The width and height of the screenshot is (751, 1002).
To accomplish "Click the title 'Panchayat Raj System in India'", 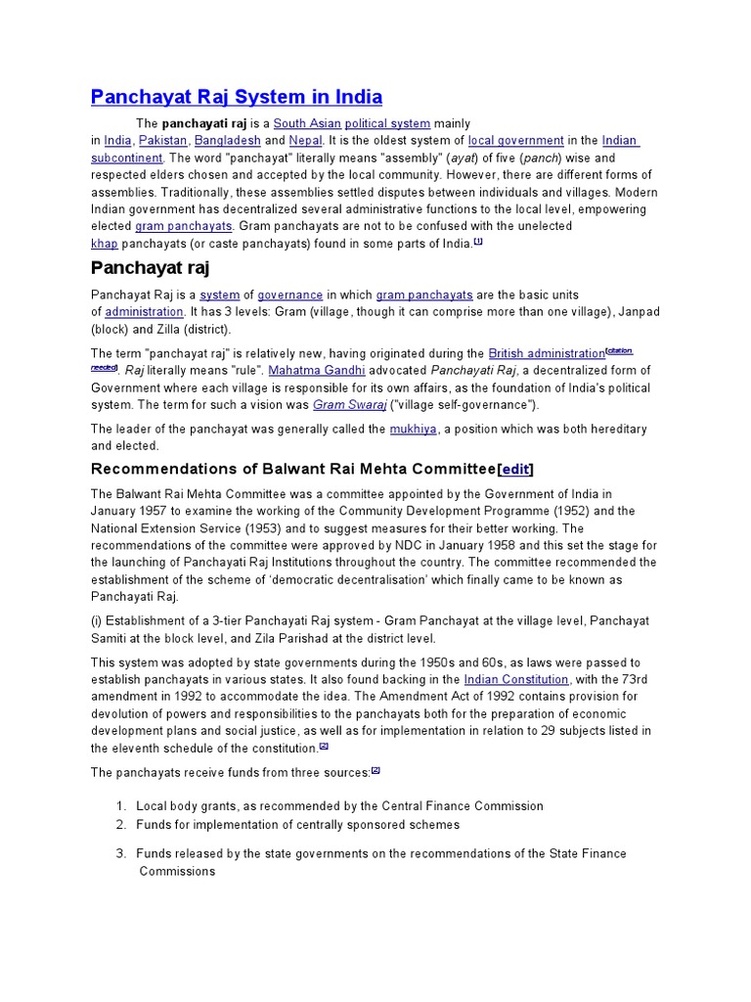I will (237, 97).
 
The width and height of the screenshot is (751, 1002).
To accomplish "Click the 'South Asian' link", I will (305, 123).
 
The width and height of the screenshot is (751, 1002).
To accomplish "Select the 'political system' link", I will (387, 123).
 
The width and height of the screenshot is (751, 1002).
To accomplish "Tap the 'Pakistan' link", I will (162, 141).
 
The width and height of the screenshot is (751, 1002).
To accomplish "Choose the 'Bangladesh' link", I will (228, 141).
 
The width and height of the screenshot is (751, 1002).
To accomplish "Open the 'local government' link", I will (515, 141).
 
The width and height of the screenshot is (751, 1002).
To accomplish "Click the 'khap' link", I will (104, 243).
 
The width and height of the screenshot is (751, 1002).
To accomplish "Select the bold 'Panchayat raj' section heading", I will (151, 268).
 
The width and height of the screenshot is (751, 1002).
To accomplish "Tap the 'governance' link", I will (289, 295).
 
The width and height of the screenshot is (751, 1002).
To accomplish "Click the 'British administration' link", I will (547, 353).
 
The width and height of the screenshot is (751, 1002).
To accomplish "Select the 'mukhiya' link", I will (413, 429).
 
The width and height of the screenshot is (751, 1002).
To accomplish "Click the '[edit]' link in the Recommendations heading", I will (516, 470).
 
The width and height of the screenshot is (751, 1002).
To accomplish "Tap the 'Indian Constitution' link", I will (516, 679).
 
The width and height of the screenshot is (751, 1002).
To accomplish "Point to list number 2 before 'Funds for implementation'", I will (121, 825).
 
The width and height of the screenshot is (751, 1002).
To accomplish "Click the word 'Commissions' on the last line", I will (175, 871).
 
